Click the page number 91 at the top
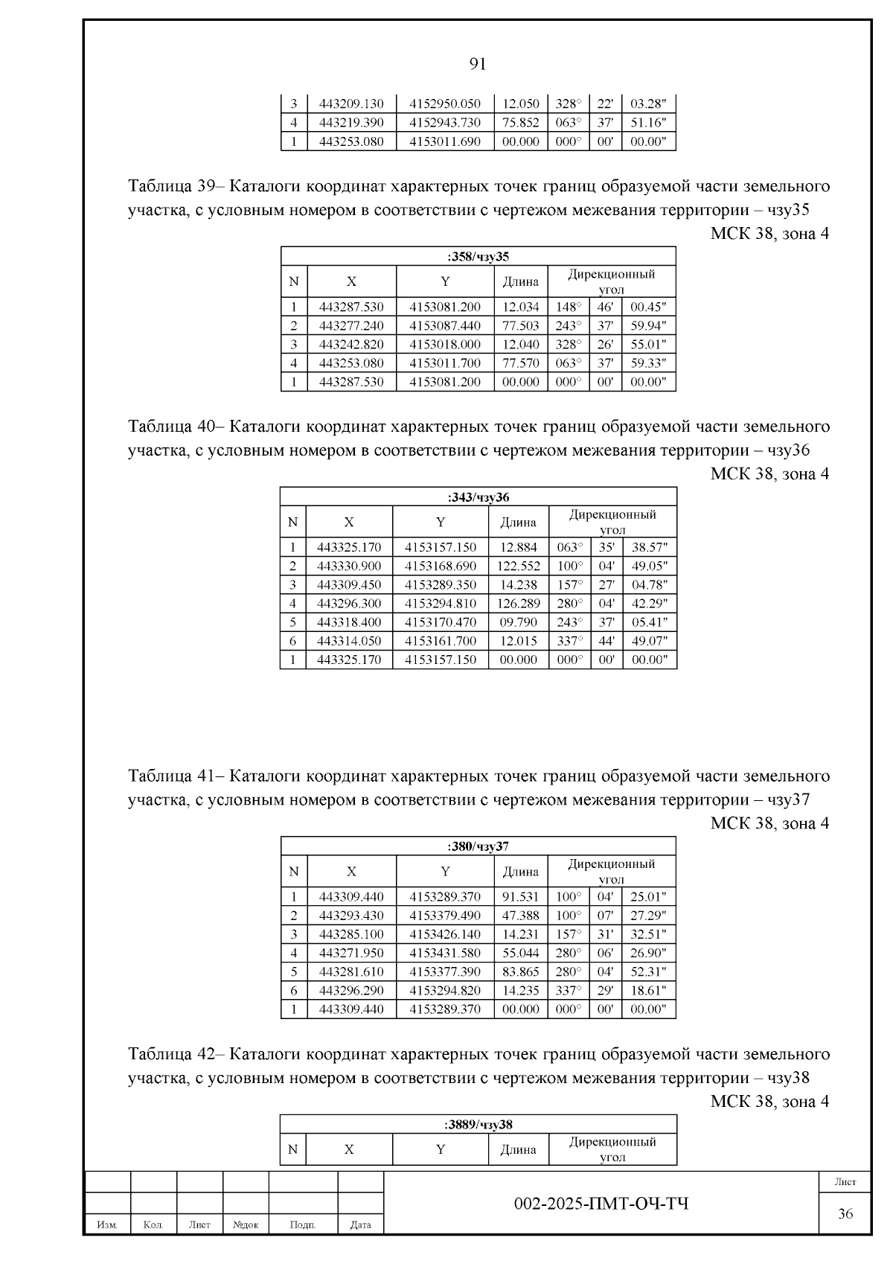pyautogui.click(x=478, y=64)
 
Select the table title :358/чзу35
pyautogui.click(x=478, y=257)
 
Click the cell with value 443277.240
pyautogui.click(x=351, y=325)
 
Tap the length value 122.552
pyautogui.click(x=519, y=566)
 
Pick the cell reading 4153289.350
pyautogui.click(x=441, y=584)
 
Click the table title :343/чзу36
pyautogui.click(x=478, y=497)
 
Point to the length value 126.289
pyautogui.click(x=519, y=603)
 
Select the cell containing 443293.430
pyautogui.click(x=351, y=915)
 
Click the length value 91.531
pyautogui.click(x=520, y=896)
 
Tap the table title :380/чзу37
pyautogui.click(x=478, y=846)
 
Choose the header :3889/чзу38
pyautogui.click(x=478, y=1124)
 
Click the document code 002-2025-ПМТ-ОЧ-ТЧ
pyautogui.click(x=601, y=1204)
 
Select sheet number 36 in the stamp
pyautogui.click(x=845, y=1213)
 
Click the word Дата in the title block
pyautogui.click(x=360, y=1225)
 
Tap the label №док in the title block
pyautogui.click(x=246, y=1225)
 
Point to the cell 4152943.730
pyautogui.click(x=445, y=123)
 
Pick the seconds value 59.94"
pyautogui.click(x=648, y=325)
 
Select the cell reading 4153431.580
pyautogui.click(x=445, y=953)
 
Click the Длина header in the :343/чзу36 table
pyautogui.click(x=518, y=523)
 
